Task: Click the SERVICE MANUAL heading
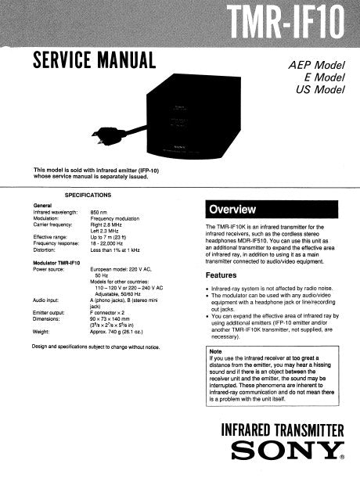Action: pos(93,59)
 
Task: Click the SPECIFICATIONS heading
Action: pos(87,193)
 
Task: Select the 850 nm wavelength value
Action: pos(99,212)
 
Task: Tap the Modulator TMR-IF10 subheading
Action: pos(59,262)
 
